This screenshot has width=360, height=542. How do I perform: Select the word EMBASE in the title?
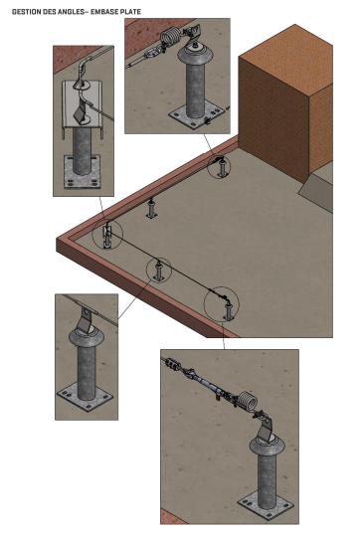[102, 12]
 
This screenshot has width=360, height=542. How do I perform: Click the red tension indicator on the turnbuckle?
[218, 398]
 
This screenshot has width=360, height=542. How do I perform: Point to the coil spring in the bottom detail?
[248, 400]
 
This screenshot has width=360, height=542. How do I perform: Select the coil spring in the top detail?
[170, 37]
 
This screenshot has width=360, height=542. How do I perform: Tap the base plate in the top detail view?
[195, 115]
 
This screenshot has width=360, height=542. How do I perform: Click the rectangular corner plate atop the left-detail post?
[83, 103]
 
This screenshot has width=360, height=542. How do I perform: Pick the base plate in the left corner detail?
[83, 172]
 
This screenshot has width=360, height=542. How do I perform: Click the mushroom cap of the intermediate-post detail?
[87, 336]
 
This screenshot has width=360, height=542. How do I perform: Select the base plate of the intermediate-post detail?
[86, 397]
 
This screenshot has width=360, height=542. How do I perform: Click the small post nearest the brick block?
[222, 168]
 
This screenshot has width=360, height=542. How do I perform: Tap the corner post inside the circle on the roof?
[107, 237]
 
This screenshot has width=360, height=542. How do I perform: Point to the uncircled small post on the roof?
[151, 209]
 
